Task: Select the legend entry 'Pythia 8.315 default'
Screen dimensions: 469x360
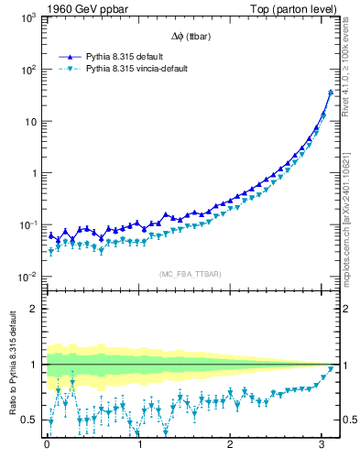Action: [x=124, y=56]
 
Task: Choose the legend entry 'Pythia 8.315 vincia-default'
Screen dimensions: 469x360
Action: [x=137, y=69]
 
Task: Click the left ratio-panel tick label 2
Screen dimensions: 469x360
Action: [x=34, y=309]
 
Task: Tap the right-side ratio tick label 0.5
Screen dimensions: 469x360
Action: [x=348, y=420]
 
